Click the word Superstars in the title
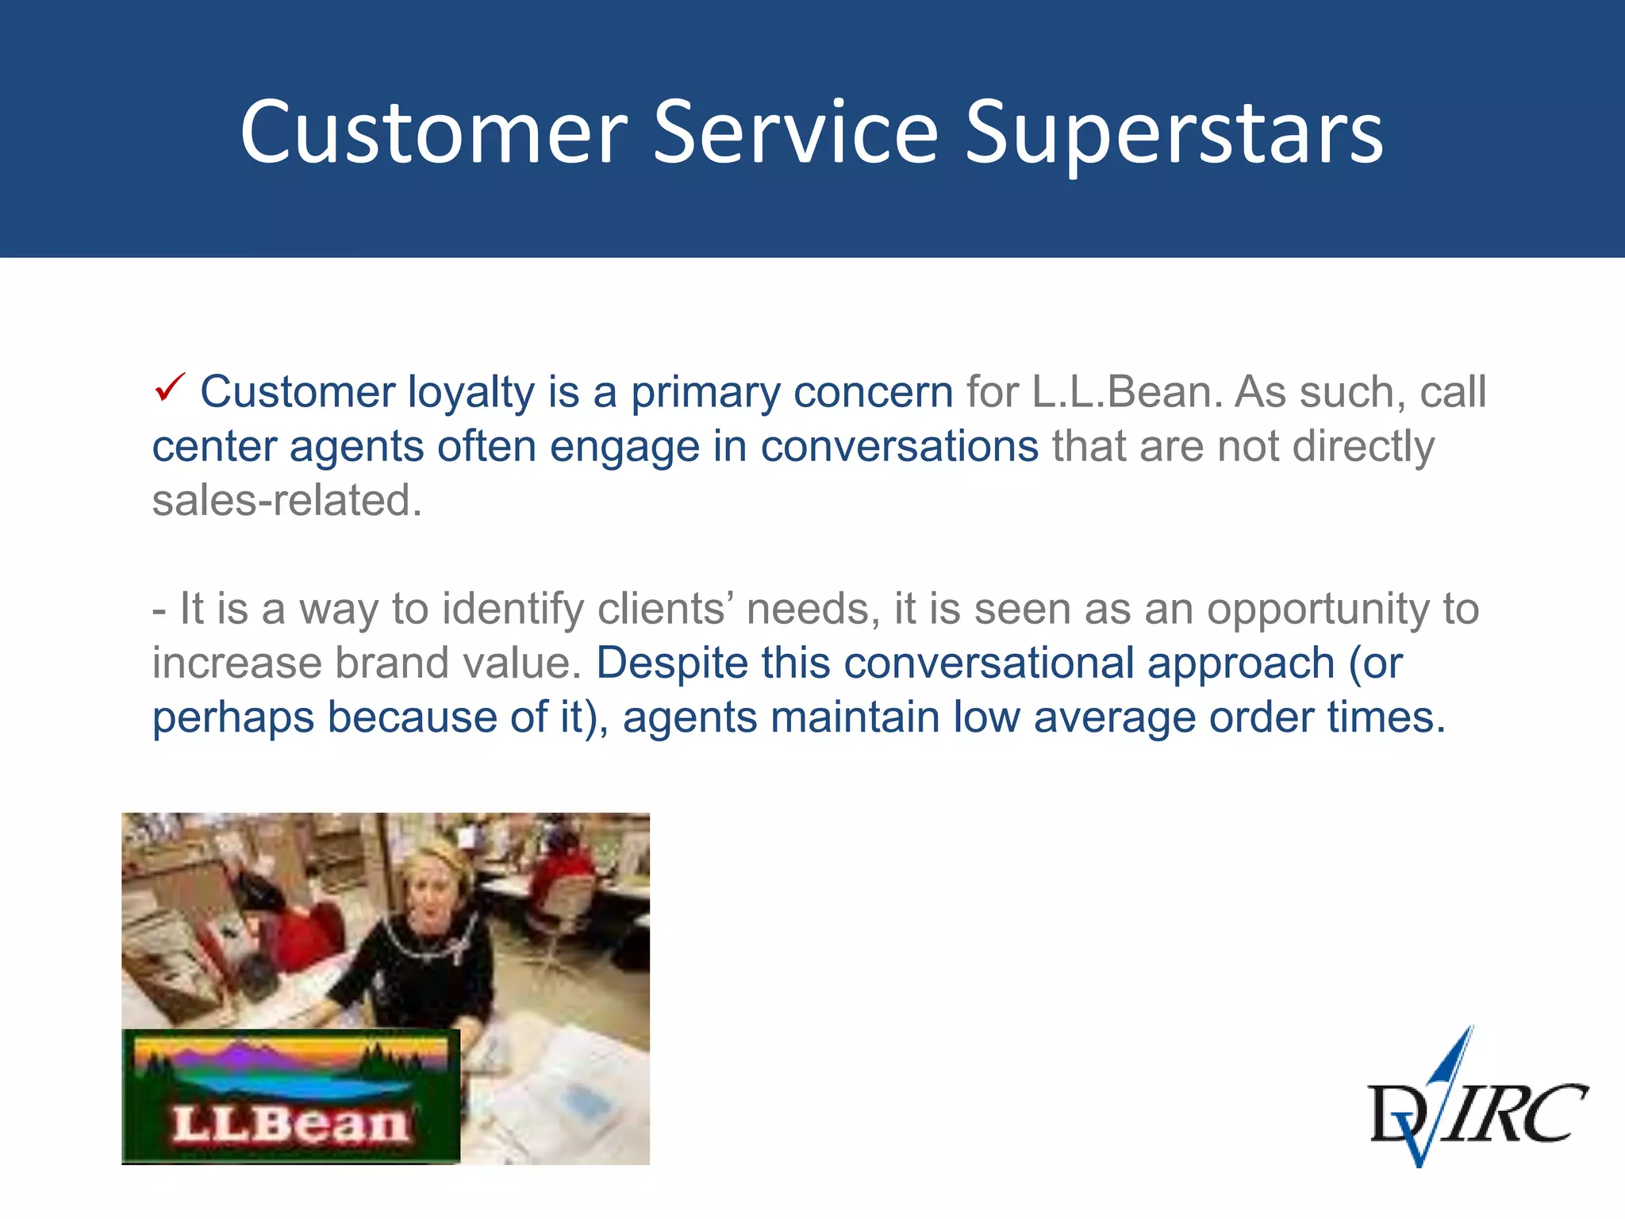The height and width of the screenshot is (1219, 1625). click(x=1174, y=133)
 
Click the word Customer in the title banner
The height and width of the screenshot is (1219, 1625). click(x=433, y=133)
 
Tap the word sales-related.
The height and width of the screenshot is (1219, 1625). click(x=287, y=501)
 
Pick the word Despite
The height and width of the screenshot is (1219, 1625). click(x=671, y=663)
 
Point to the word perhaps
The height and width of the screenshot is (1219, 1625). click(x=232, y=717)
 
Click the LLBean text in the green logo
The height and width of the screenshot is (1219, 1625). click(x=290, y=1125)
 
